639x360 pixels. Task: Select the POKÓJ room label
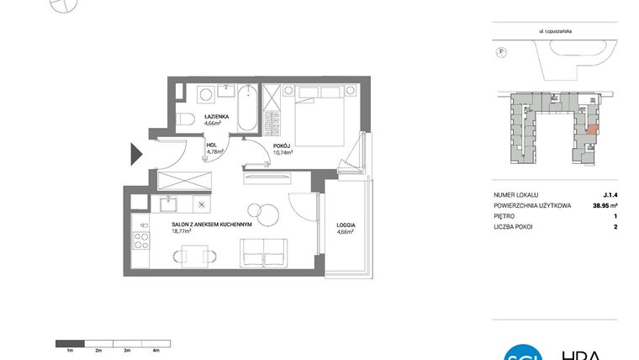[x=282, y=146]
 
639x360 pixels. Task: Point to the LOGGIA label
[x=346, y=225]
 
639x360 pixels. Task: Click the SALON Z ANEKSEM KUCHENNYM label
[x=207, y=225]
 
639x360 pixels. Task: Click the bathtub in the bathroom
[x=247, y=109]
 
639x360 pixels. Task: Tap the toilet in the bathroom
[x=188, y=118]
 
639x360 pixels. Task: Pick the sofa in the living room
[x=264, y=251]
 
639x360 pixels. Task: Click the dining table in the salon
[x=194, y=252]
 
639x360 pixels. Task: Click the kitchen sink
[x=167, y=203]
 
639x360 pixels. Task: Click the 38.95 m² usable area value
[x=604, y=204]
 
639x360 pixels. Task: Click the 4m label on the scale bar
[x=156, y=349]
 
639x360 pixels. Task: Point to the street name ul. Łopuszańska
[x=557, y=29]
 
